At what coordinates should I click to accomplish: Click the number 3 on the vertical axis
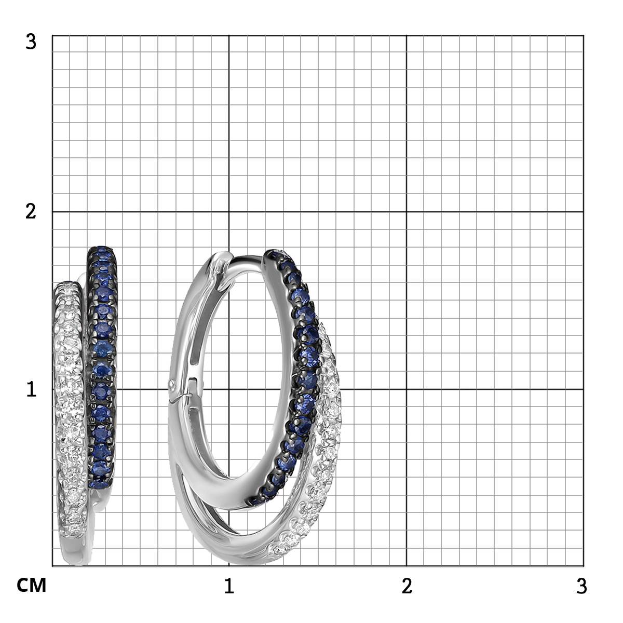pyautogui.click(x=31, y=43)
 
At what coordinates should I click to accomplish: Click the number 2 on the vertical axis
pyautogui.click(x=31, y=212)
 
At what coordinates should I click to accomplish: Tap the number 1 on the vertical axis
pyautogui.click(x=31, y=389)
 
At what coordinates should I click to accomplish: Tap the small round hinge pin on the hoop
pyautogui.click(x=172, y=384)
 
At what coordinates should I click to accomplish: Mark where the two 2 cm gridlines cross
pyautogui.click(x=406, y=212)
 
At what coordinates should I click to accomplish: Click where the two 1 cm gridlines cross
pyautogui.click(x=229, y=389)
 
